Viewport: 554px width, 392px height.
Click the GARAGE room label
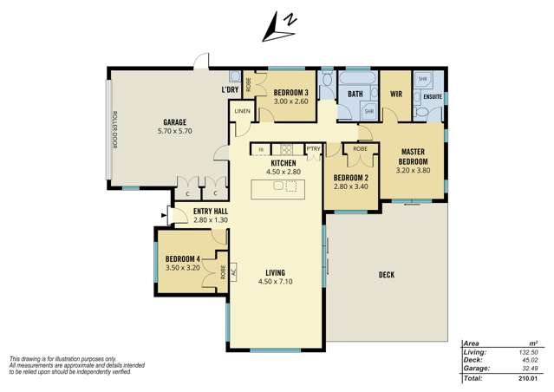(x=174, y=122)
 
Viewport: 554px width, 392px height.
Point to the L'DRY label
(x=230, y=90)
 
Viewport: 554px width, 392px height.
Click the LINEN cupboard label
(x=242, y=110)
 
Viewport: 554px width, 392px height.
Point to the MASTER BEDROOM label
(x=413, y=156)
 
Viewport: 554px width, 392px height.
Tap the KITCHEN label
(x=284, y=163)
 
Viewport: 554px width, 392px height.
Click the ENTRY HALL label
(x=211, y=211)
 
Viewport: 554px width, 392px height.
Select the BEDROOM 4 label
(x=183, y=258)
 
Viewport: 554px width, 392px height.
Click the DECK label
(x=387, y=275)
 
